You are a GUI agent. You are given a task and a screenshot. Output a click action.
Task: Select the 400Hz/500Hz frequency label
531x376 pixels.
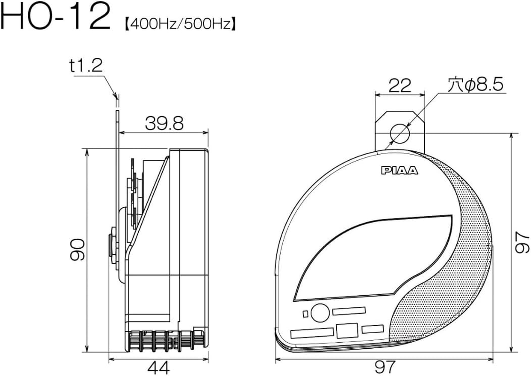180,24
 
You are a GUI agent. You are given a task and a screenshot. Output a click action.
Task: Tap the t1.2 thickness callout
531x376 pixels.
86,66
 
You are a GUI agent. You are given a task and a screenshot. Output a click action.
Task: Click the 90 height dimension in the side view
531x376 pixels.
78,250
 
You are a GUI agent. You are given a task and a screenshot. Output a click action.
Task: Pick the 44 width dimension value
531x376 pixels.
159,367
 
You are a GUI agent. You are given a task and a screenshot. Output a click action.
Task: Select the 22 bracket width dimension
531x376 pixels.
400,85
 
